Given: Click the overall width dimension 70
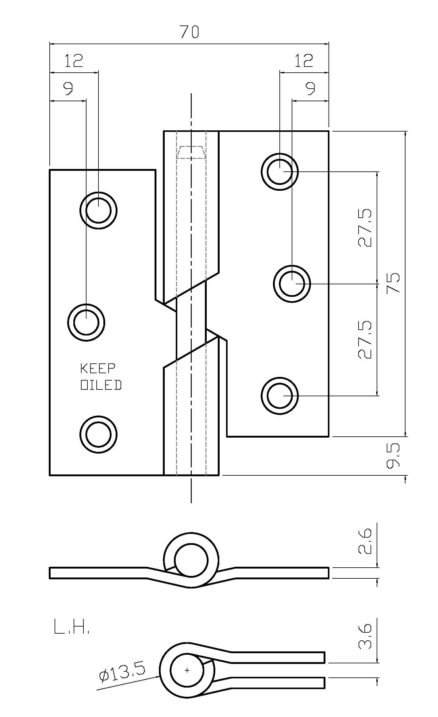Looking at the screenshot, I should click(x=190, y=32).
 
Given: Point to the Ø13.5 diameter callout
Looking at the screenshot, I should click(x=122, y=672).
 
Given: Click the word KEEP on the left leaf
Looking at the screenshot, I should click(x=98, y=369).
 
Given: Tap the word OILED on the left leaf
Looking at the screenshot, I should click(x=101, y=385).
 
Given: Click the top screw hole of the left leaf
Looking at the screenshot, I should click(x=98, y=210).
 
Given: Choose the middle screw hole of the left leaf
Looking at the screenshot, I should click(x=86, y=322).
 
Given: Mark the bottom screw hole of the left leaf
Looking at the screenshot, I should click(x=98, y=434).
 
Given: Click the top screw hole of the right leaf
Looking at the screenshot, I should click(x=279, y=172).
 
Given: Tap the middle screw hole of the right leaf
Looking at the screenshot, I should click(x=292, y=284).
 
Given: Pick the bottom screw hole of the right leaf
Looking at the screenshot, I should click(x=279, y=396).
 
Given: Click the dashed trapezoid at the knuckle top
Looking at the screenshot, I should click(x=191, y=152).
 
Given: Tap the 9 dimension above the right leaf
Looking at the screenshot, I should click(x=310, y=89).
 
